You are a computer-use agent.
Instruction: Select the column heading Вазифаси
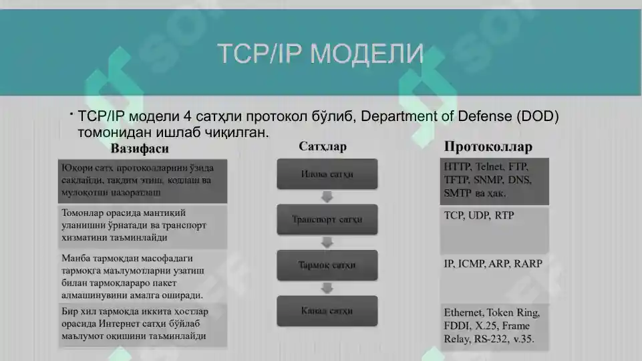point(140,148)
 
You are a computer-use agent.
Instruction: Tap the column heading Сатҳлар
point(323,146)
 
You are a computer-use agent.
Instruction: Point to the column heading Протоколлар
point(488,146)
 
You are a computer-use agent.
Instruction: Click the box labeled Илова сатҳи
point(327,174)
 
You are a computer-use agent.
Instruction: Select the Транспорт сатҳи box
point(327,219)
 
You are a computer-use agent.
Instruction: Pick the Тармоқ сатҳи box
point(327,265)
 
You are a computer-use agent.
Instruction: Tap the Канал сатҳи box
point(327,311)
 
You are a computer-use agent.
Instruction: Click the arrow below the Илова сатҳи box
point(327,197)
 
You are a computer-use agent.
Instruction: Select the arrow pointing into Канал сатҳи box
point(327,288)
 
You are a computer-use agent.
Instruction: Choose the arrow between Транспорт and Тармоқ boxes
point(327,242)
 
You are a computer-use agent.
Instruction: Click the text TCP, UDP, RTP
point(479,216)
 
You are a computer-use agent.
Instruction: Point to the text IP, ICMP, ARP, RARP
point(493,263)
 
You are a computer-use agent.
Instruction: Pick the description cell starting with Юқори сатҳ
point(142,180)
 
